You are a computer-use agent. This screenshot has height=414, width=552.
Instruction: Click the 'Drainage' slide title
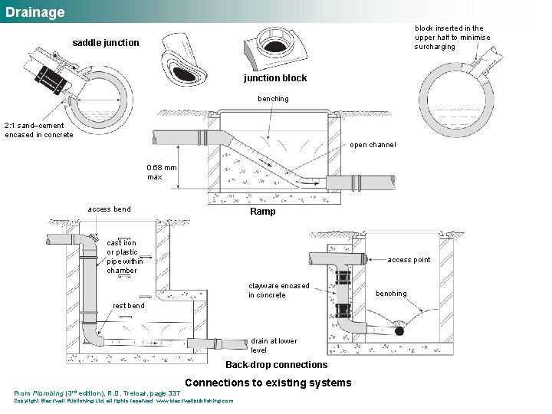pyautogui.click(x=34, y=12)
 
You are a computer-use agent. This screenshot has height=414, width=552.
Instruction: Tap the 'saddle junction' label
pyautogui.click(x=106, y=43)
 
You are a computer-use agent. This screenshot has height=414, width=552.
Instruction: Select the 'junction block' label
pyautogui.click(x=275, y=78)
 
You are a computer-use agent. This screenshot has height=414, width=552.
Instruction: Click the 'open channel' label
pyautogui.click(x=373, y=145)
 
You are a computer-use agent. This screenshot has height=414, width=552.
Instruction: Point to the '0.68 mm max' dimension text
pyautogui.click(x=161, y=172)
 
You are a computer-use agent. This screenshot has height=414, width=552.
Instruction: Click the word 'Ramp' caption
pyautogui.click(x=263, y=212)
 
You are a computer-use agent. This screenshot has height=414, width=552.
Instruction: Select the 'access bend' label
pyautogui.click(x=109, y=209)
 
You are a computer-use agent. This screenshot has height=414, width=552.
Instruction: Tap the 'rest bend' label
pyautogui.click(x=128, y=306)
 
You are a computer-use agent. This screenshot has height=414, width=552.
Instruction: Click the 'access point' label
pyautogui.click(x=409, y=260)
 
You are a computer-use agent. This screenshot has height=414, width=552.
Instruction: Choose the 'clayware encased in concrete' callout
pyautogui.click(x=278, y=291)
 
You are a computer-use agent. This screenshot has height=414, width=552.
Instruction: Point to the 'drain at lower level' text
pyautogui.click(x=274, y=346)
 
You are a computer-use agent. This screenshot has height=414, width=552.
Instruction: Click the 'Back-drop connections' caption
pyautogui.click(x=276, y=365)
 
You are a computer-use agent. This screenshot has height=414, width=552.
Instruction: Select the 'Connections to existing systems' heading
pyautogui.click(x=268, y=383)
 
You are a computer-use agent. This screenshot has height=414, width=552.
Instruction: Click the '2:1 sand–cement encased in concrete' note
pyautogui.click(x=39, y=130)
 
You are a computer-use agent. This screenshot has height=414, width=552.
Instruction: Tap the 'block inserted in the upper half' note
pyautogui.click(x=452, y=38)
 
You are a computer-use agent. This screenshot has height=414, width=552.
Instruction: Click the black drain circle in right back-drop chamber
pyautogui.click(x=399, y=332)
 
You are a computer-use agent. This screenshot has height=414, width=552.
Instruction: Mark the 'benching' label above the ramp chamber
pyautogui.click(x=273, y=99)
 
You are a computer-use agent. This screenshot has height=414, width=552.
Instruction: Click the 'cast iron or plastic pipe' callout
pyautogui.click(x=122, y=256)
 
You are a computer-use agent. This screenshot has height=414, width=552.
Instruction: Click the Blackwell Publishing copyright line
pyautogui.click(x=123, y=401)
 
